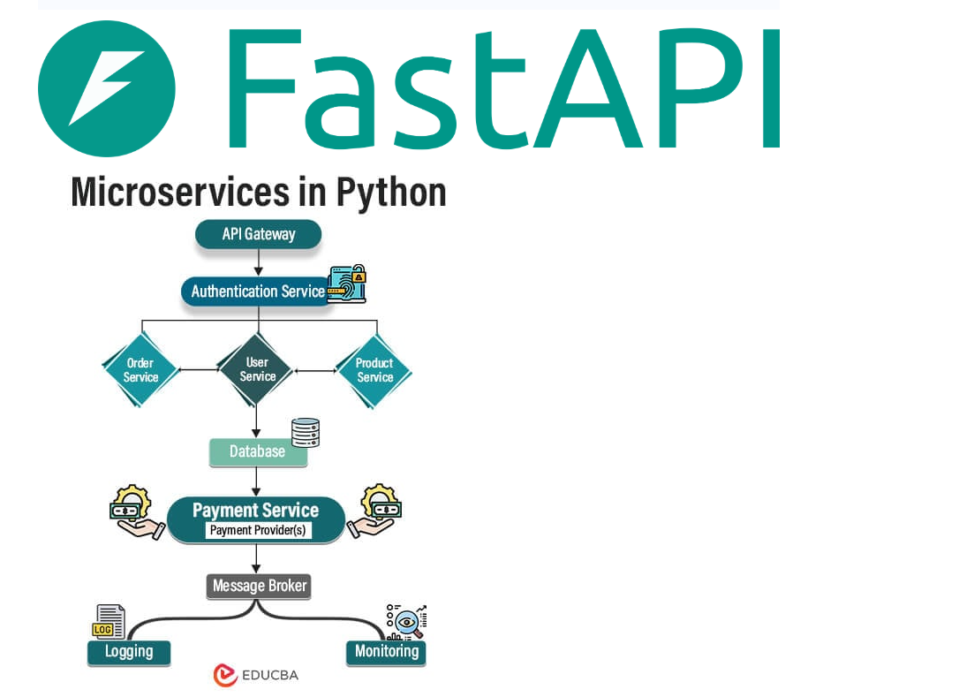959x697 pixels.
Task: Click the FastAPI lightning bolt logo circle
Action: point(107,89)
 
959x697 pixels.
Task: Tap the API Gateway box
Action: point(258,235)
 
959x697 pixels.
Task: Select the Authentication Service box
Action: point(257,292)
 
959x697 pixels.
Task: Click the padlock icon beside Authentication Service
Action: point(347,284)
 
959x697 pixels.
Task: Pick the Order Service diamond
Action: point(140,370)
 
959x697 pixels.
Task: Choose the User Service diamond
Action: point(257,369)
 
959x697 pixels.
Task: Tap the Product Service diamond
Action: point(374,370)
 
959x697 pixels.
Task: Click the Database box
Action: point(258,451)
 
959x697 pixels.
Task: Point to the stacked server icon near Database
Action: point(306,431)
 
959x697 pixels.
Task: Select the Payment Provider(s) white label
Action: point(257,530)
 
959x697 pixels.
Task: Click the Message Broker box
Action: point(260,586)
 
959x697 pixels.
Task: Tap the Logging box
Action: point(129,652)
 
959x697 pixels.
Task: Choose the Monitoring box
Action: point(386,652)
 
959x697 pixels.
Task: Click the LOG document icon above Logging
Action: point(109,622)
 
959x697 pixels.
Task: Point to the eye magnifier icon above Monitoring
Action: point(406,622)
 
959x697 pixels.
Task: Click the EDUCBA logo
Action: point(256,675)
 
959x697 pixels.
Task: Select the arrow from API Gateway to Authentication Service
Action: point(258,262)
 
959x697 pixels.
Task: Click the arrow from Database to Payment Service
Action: point(257,481)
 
